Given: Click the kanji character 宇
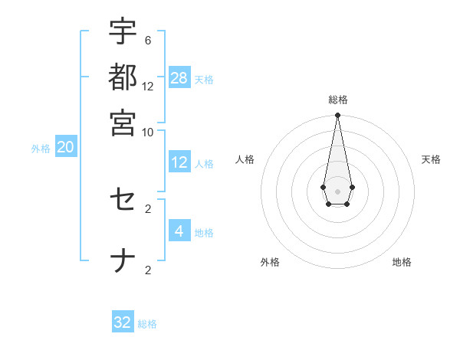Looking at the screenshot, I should click(x=123, y=33).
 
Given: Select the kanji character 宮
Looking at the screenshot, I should click(x=123, y=122).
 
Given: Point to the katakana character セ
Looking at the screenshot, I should click(x=123, y=201).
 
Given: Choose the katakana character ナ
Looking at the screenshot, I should click(x=123, y=261).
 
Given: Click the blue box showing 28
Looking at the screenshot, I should click(x=179, y=77).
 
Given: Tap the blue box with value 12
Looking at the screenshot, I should click(x=179, y=162).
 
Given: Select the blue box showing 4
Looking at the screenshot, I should click(x=179, y=231).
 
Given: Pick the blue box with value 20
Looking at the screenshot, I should click(x=66, y=147).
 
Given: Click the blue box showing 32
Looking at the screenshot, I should click(x=123, y=322).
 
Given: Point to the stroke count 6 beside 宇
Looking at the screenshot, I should click(x=148, y=40).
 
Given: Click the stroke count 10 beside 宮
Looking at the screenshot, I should click(x=148, y=131).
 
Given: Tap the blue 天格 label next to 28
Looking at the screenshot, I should click(x=204, y=79).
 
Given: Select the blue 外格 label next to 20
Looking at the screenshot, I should click(x=41, y=149).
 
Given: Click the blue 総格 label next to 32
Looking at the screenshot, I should click(x=147, y=324).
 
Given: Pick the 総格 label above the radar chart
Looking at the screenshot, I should click(x=338, y=100).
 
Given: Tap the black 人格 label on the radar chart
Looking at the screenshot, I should click(x=245, y=159).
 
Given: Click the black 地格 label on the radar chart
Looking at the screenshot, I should click(x=402, y=262).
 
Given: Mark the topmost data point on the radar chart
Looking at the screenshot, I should click(x=337, y=116).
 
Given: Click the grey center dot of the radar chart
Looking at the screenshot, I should click(x=337, y=190).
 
